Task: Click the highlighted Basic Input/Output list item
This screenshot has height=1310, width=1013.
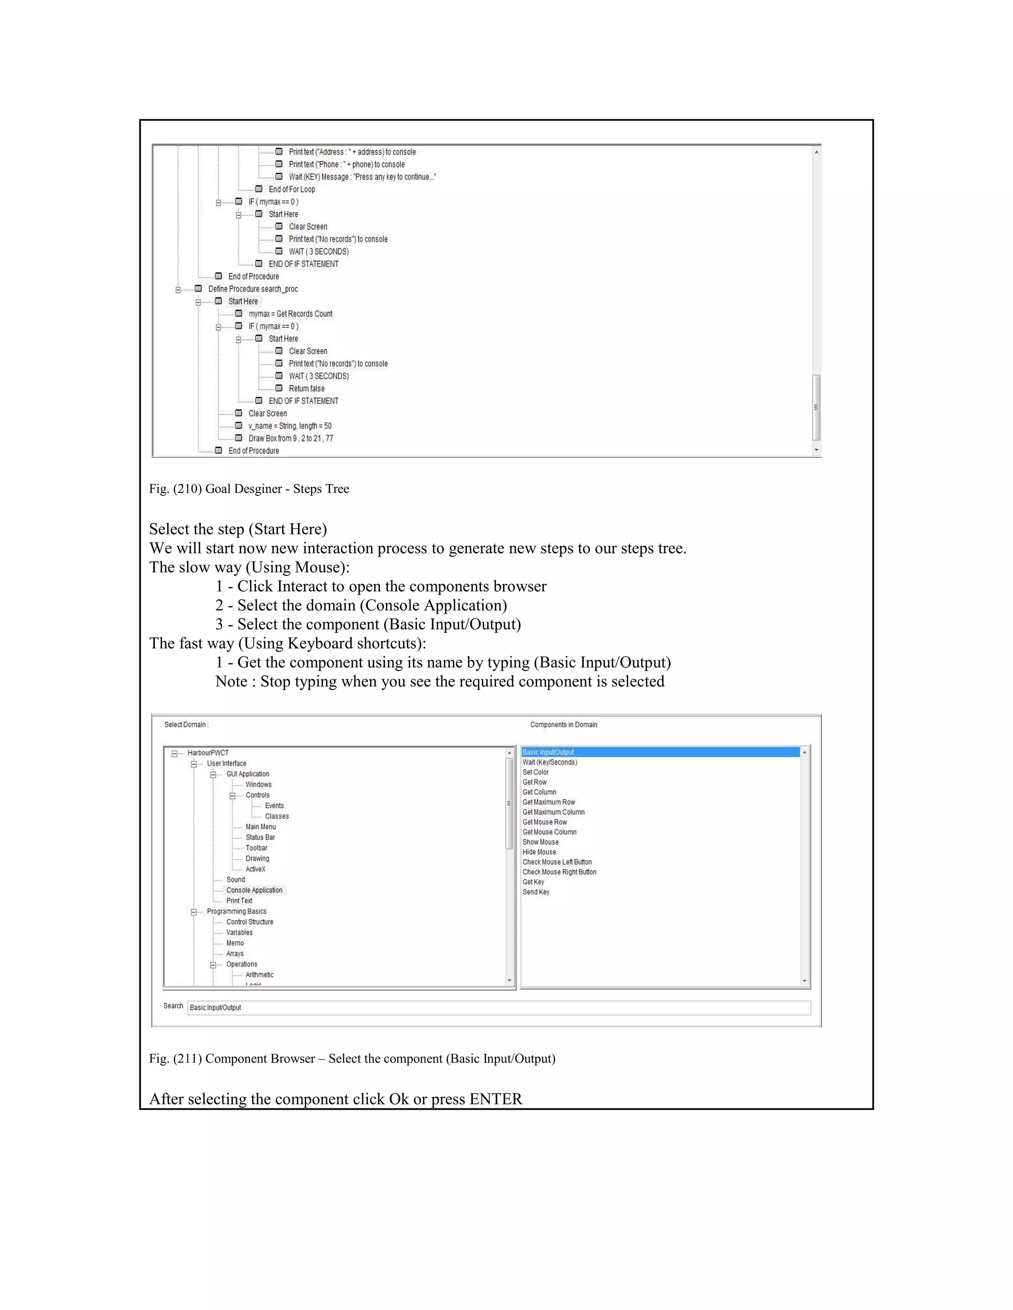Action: [548, 752]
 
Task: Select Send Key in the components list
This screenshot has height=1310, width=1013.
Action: [536, 892]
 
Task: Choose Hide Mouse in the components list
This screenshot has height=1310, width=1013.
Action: [539, 852]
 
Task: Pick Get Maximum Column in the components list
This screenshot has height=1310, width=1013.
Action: [553, 812]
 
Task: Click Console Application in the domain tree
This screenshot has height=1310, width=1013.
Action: [254, 890]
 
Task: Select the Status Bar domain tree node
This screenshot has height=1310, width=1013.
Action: [260, 837]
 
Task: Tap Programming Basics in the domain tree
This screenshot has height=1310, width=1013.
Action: [236, 911]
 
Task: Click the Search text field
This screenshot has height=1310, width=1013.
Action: [498, 1007]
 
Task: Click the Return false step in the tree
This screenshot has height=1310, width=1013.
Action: [306, 389]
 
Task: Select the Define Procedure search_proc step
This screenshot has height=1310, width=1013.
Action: [253, 289]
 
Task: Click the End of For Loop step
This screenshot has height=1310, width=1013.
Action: [292, 189]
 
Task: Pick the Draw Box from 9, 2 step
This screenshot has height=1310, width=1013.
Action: [290, 438]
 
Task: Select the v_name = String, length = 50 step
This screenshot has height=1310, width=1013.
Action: [290, 426]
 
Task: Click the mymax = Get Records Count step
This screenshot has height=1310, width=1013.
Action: [290, 314]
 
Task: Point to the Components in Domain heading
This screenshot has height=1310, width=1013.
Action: [563, 725]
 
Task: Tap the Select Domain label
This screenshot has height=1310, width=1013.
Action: [186, 725]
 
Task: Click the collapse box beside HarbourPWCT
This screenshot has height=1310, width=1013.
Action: [175, 753]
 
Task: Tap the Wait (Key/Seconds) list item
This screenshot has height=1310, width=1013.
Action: [550, 762]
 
